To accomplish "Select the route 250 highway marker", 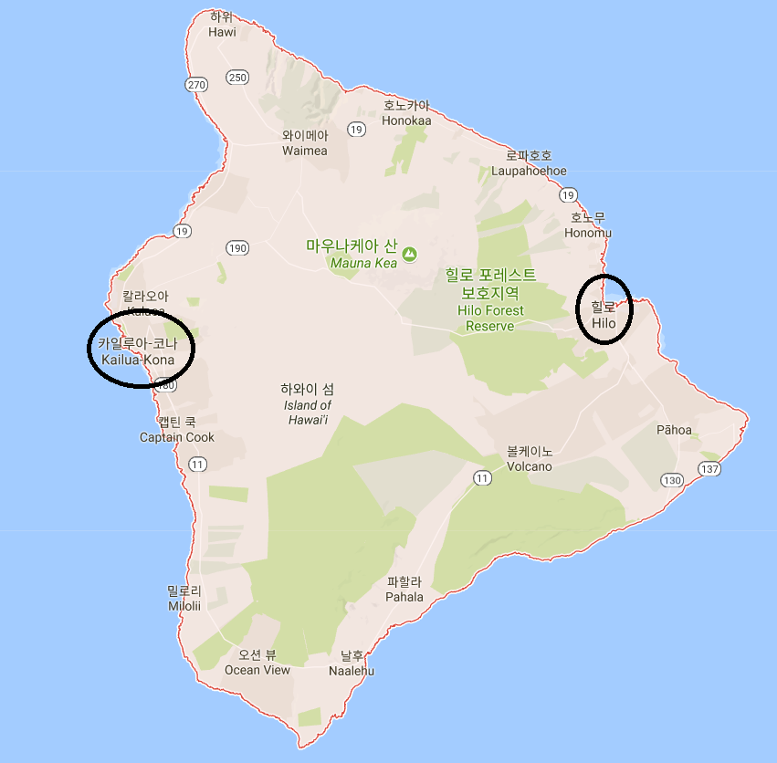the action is pyautogui.click(x=238, y=78).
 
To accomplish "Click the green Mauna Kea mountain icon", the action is pyautogui.click(x=409, y=254).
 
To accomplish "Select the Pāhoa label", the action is pyautogui.click(x=674, y=430).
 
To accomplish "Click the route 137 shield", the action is pyautogui.click(x=709, y=469).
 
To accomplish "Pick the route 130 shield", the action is pyautogui.click(x=672, y=480).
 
